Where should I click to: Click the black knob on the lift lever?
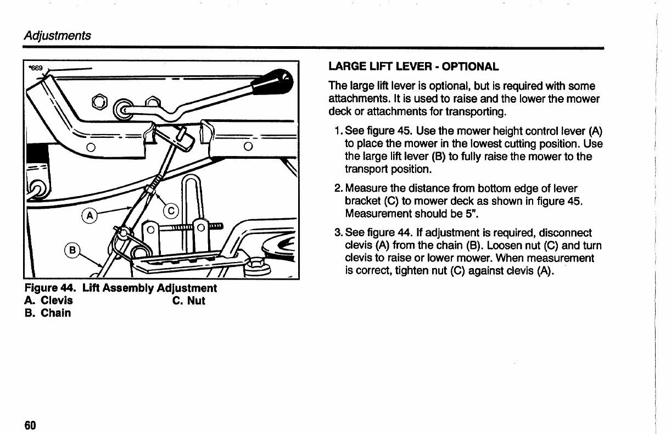(275, 83)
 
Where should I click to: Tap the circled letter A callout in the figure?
(88, 214)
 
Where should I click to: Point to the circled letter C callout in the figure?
(171, 211)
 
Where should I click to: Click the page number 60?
(30, 426)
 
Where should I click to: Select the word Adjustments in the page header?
(57, 36)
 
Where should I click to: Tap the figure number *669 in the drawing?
(35, 68)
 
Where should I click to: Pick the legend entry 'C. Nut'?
(188, 301)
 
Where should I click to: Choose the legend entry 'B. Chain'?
(47, 313)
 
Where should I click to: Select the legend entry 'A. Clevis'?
(48, 301)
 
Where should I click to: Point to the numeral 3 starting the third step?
(338, 233)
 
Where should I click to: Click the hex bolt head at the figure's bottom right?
(256, 266)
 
